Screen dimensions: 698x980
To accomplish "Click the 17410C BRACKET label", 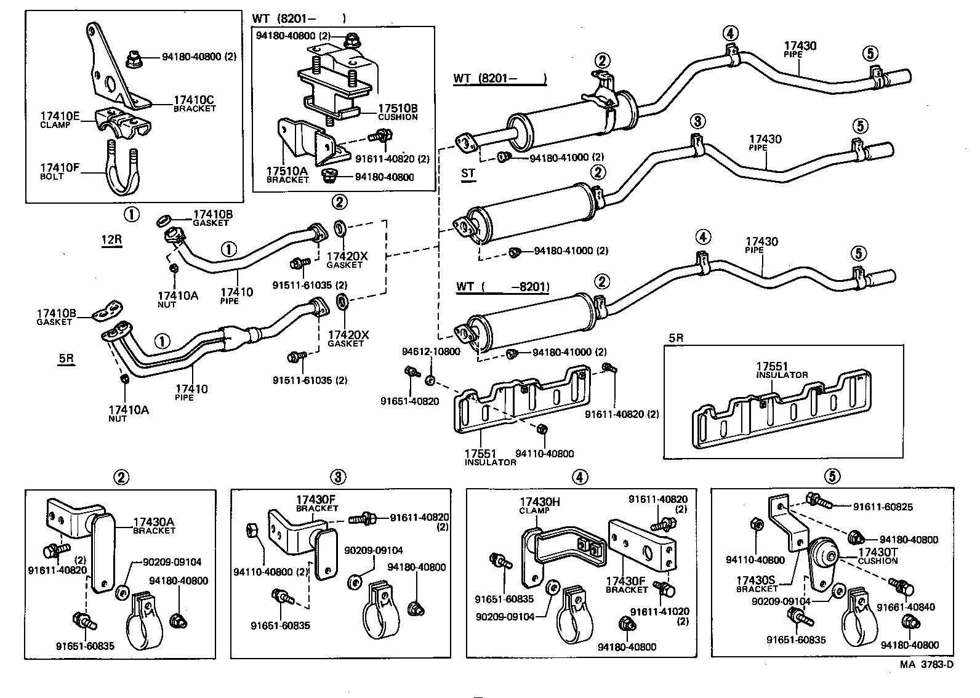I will coord(194,103).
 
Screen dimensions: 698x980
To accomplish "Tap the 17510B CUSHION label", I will coord(397,111).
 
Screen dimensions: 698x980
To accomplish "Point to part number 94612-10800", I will coord(431,351).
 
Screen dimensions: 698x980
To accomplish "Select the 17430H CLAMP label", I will coord(540,505).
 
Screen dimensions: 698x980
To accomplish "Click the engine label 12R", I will coord(111,239).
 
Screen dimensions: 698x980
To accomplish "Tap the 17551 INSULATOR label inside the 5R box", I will coord(781,369).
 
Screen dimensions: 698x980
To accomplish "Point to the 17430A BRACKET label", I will coord(154,525).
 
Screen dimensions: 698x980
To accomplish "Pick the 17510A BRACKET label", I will coord(287,174).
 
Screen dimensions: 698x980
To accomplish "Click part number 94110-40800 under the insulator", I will coord(544,454).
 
